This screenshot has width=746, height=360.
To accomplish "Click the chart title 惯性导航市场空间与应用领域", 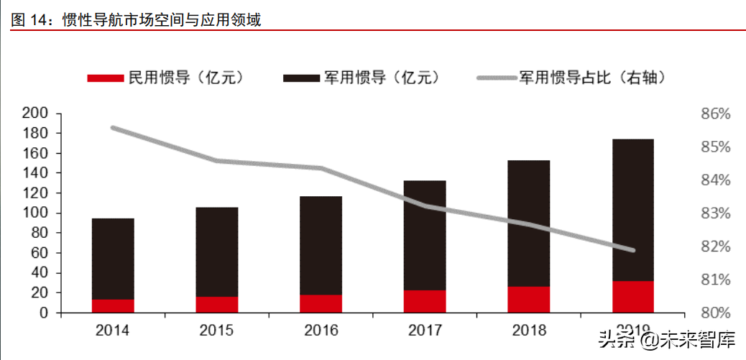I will (x=161, y=19).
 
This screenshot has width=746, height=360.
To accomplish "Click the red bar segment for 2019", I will (x=632, y=297).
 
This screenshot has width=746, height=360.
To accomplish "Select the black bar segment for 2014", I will (x=113, y=259).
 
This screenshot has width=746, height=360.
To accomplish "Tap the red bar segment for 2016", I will (x=321, y=304).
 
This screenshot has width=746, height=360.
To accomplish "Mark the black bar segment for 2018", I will (x=528, y=223).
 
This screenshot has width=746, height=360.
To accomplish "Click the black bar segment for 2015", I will (x=216, y=251).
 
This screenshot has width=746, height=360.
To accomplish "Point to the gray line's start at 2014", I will (x=114, y=128).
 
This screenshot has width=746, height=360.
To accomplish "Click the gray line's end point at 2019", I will (x=632, y=250).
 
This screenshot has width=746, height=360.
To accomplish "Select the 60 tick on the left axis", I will (x=38, y=253).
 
